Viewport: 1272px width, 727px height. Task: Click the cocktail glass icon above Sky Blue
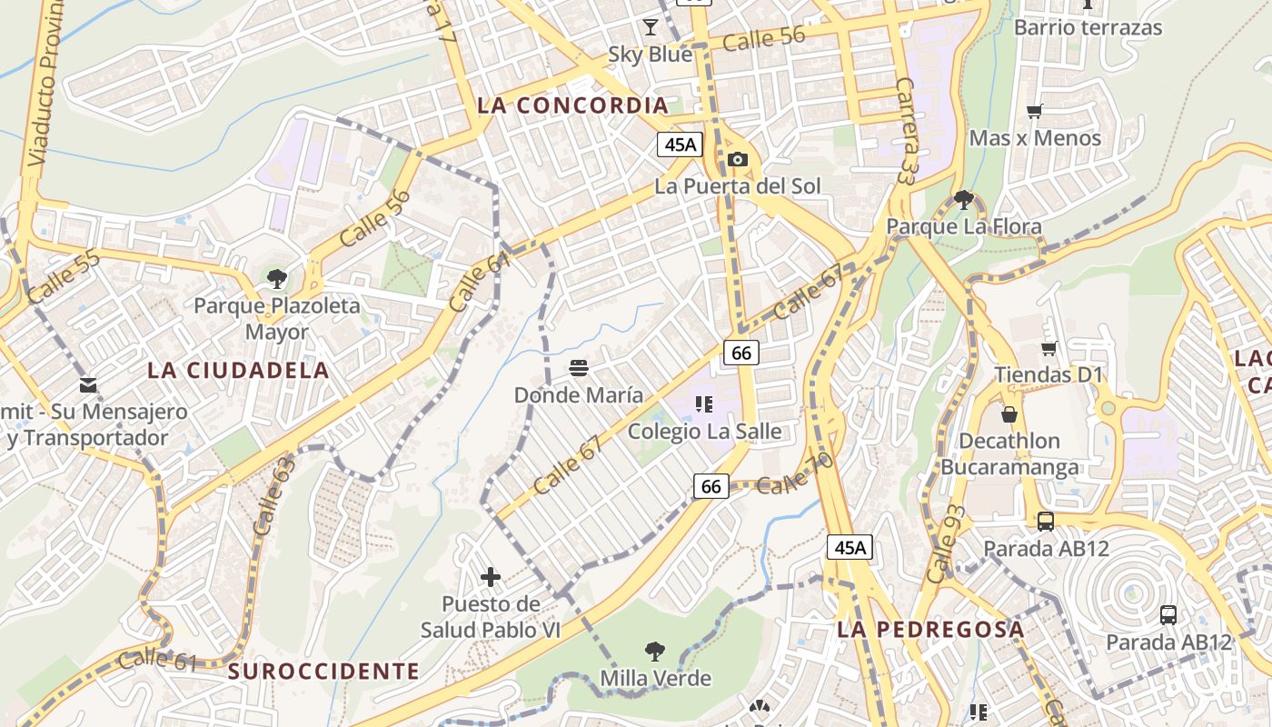pyautogui.click(x=651, y=25)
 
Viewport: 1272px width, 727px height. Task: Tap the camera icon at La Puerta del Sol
pyautogui.click(x=738, y=160)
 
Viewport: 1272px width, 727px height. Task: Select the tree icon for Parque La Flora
pyautogui.click(x=964, y=199)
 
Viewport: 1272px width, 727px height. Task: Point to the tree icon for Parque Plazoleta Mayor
pyautogui.click(x=276, y=278)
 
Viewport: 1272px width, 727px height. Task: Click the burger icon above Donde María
pyautogui.click(x=579, y=368)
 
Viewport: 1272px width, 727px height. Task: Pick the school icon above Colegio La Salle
pyautogui.click(x=704, y=403)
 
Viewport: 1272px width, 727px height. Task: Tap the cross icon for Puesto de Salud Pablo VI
pyautogui.click(x=491, y=576)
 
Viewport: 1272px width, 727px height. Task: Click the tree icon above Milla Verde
pyautogui.click(x=654, y=651)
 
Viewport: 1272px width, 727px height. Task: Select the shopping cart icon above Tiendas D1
pyautogui.click(x=1048, y=348)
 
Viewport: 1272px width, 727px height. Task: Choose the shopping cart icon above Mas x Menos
pyautogui.click(x=1034, y=112)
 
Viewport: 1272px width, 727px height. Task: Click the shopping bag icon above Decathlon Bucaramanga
pyautogui.click(x=1009, y=414)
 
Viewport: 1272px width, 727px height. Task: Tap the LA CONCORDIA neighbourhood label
pyautogui.click(x=572, y=105)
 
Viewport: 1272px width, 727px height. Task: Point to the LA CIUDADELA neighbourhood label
pyautogui.click(x=238, y=371)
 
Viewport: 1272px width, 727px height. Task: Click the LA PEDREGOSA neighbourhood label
pyautogui.click(x=930, y=629)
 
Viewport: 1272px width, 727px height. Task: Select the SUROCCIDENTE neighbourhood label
pyautogui.click(x=323, y=672)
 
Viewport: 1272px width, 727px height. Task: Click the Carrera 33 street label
pyautogui.click(x=906, y=130)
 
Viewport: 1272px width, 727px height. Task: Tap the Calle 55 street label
pyautogui.click(x=64, y=277)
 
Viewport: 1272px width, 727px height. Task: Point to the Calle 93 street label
pyautogui.click(x=945, y=543)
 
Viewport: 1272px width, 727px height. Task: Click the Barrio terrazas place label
pyautogui.click(x=1088, y=27)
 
